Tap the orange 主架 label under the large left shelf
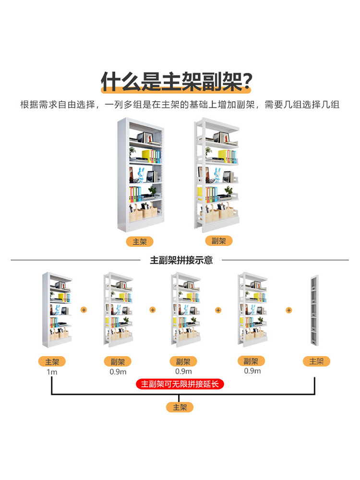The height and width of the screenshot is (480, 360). pyautogui.click(x=140, y=241)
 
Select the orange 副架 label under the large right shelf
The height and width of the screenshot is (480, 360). pyautogui.click(x=218, y=240)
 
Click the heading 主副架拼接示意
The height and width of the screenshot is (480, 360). pyautogui.click(x=181, y=261)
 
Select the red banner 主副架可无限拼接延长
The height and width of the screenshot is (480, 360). pyautogui.click(x=181, y=384)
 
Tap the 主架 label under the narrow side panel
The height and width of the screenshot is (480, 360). pyautogui.click(x=316, y=361)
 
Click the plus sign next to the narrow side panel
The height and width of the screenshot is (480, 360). pyautogui.click(x=289, y=310)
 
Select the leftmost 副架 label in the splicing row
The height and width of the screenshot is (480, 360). pyautogui.click(x=118, y=361)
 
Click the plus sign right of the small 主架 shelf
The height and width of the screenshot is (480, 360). pyautogui.click(x=84, y=310)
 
